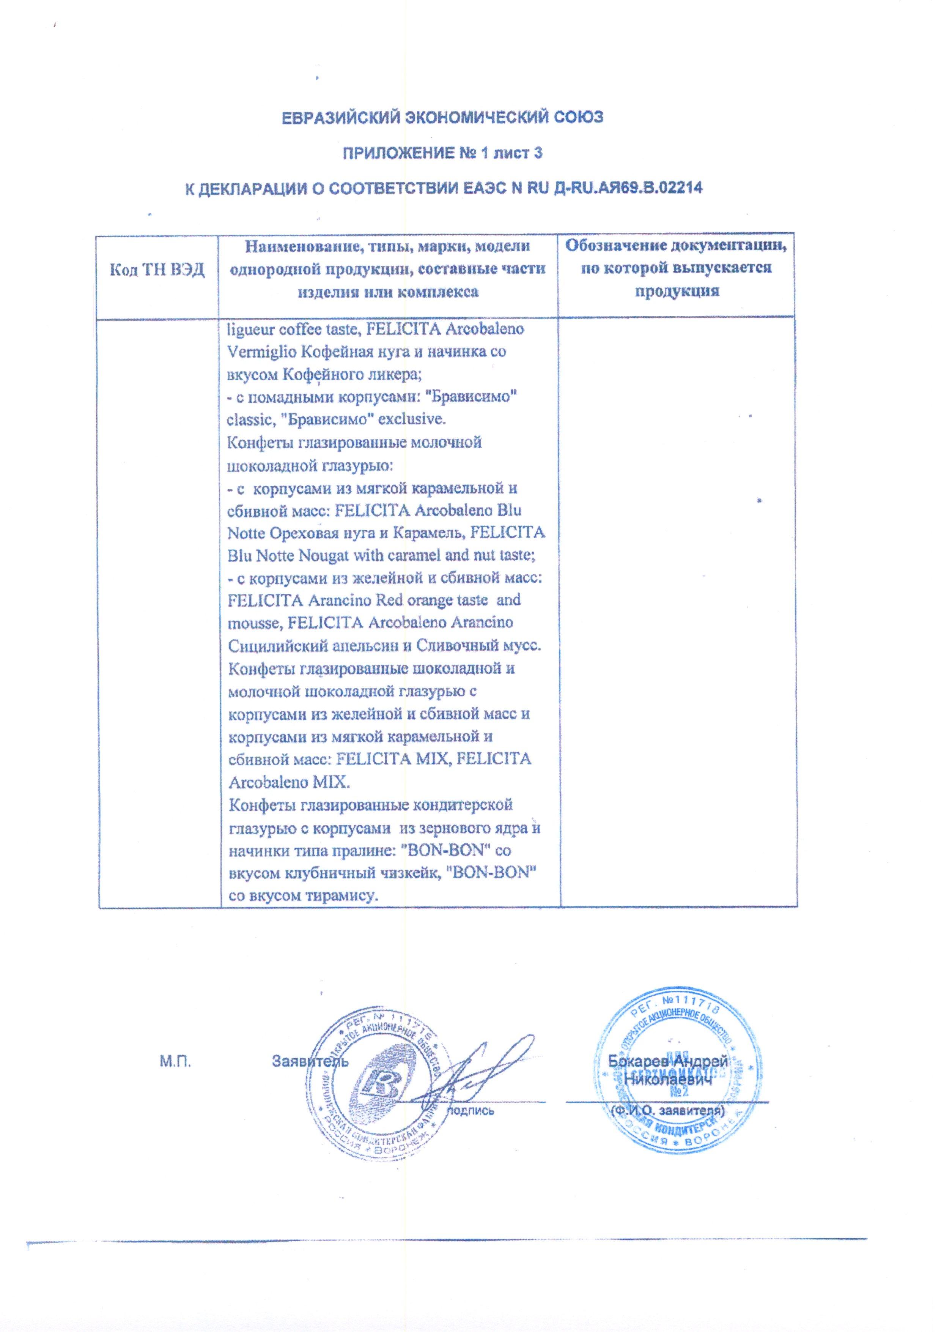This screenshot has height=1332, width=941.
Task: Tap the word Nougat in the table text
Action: click(x=324, y=555)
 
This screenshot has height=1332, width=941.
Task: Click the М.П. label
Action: click(x=175, y=1062)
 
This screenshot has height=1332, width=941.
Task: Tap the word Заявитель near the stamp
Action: click(x=310, y=1062)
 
